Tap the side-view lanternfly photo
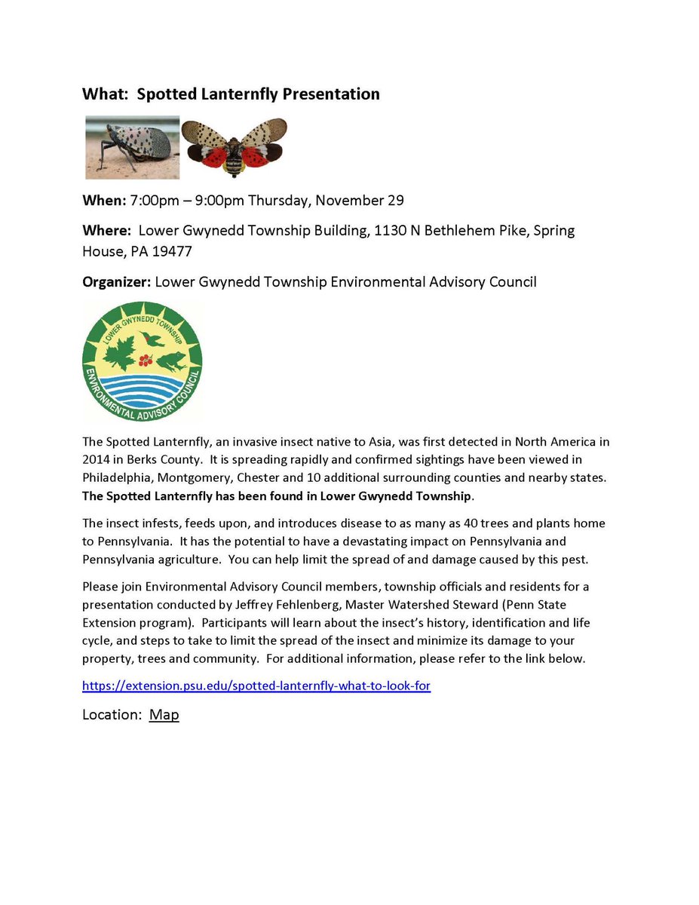132,147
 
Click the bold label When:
104,201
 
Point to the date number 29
396,201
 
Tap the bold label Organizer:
116,282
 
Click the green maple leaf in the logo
120,353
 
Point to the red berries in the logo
146,360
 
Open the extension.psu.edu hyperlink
256,686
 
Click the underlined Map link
164,715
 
